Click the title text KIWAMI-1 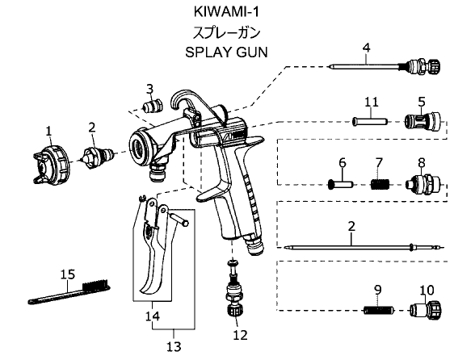coord(226,12)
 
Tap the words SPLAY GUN coord(226,52)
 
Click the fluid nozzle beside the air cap coord(98,157)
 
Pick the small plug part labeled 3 coord(153,106)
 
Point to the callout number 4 coord(366,48)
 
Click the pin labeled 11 coord(370,121)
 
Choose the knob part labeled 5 coord(422,121)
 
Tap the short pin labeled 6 coord(341,184)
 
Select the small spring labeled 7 coord(380,184)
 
